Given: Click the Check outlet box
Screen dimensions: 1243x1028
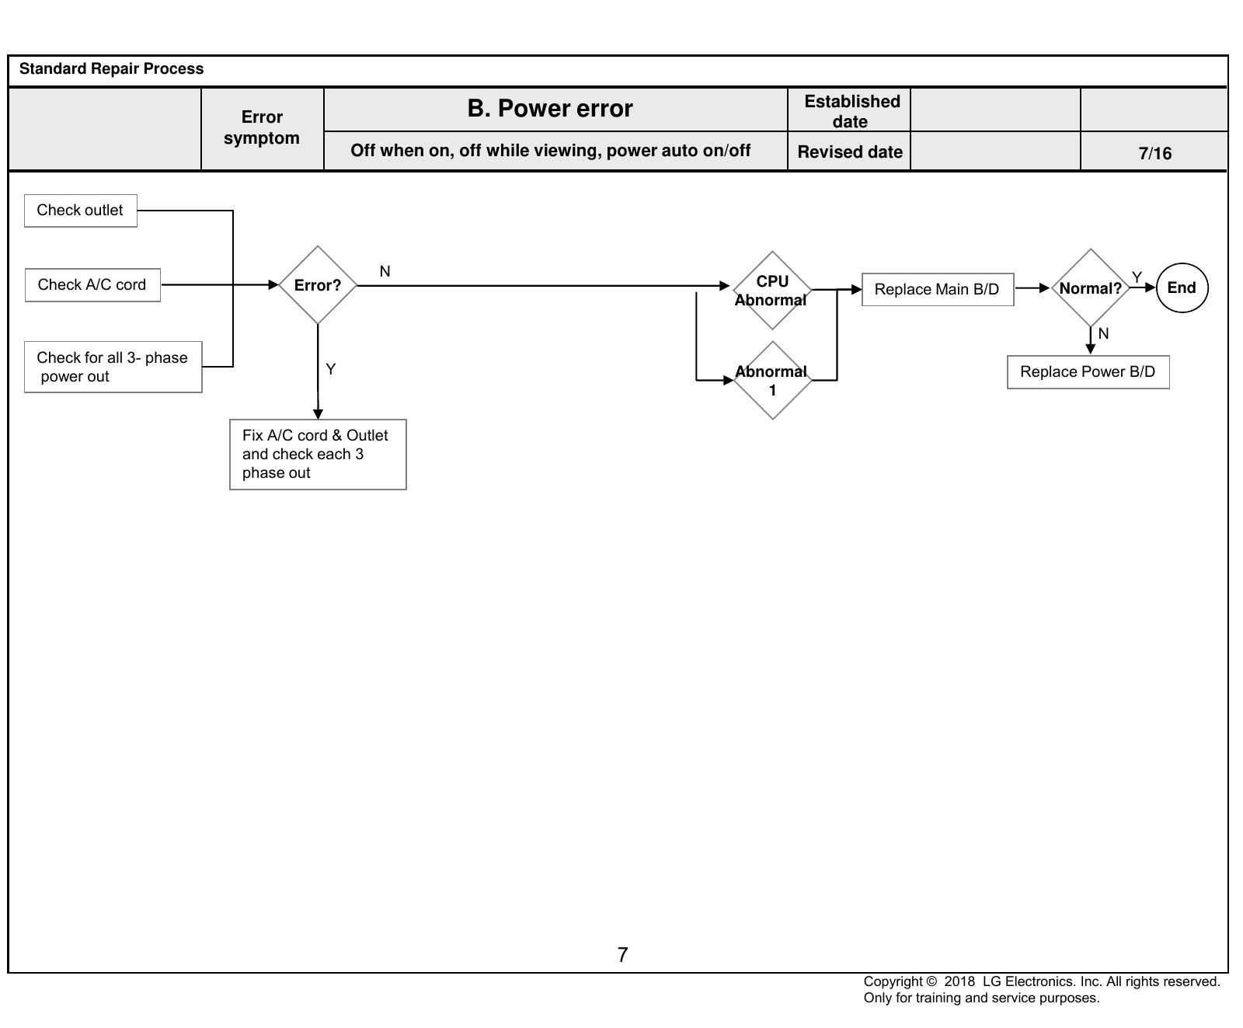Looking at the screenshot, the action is [x=81, y=211].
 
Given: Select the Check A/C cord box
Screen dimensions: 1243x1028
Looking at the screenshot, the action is [x=92, y=285].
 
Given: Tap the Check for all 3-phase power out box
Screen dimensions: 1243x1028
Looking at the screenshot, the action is [x=113, y=367].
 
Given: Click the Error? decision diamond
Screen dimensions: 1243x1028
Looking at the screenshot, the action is [x=318, y=285].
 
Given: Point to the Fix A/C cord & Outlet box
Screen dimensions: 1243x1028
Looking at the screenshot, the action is [x=318, y=455].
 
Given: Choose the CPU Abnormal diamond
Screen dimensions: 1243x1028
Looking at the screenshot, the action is [x=772, y=291].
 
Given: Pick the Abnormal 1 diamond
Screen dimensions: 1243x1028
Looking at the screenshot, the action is [x=772, y=381].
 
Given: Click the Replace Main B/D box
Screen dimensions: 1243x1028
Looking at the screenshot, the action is [x=938, y=289].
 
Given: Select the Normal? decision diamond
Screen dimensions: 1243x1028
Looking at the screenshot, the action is [x=1091, y=288].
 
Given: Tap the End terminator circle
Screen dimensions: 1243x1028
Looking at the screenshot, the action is [x=1182, y=288].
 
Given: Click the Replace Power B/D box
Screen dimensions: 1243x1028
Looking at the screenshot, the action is [x=1088, y=372].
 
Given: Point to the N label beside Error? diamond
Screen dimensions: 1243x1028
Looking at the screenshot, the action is [x=385, y=271].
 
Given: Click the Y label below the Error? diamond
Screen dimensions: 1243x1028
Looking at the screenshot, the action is [x=331, y=369].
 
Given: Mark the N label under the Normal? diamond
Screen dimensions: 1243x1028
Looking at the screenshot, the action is [x=1104, y=333].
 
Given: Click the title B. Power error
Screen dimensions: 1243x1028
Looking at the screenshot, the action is [x=550, y=109].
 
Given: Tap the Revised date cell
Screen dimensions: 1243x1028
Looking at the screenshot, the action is [x=849, y=152].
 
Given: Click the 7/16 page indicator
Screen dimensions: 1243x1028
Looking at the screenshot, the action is [x=1155, y=153].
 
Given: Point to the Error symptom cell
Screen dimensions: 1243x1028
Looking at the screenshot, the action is [x=263, y=128].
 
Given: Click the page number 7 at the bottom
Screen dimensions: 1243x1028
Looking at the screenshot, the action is [x=622, y=955].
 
